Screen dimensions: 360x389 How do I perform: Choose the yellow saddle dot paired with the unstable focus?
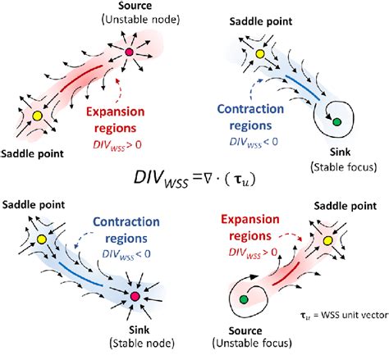[328, 241]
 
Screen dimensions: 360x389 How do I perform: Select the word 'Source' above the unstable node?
[127, 7]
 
